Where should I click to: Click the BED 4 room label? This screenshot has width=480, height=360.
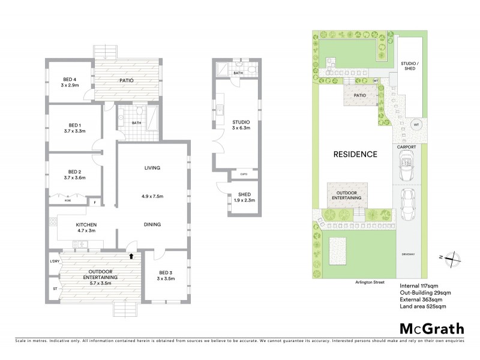(70, 79)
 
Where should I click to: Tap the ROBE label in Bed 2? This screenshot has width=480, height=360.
(68, 202)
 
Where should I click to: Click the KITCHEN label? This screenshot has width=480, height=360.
(86, 226)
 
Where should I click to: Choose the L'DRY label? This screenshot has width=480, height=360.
(54, 262)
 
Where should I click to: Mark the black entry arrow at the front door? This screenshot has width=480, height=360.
(131, 256)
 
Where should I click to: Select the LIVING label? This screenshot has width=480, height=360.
(152, 168)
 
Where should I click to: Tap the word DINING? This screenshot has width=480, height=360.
(152, 224)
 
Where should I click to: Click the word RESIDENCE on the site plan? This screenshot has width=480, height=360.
(355, 154)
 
